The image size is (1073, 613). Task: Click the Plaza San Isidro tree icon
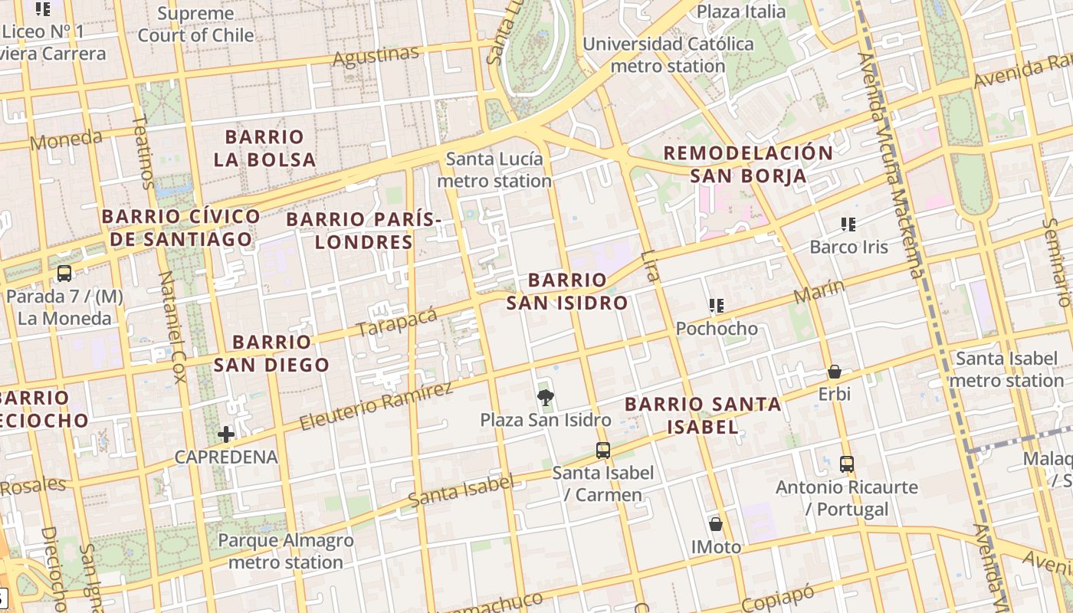[545, 397]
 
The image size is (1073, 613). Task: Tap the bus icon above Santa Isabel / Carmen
[603, 450]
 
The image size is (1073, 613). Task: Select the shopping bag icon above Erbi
[835, 372]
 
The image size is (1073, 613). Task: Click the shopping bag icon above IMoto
[715, 524]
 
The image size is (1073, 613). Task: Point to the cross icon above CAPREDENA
[226, 434]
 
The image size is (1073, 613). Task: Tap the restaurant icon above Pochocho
[717, 306]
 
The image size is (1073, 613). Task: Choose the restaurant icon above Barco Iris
[848, 225]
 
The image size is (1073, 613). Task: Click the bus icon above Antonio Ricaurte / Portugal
[846, 464]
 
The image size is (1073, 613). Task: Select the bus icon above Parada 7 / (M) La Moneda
[64, 274]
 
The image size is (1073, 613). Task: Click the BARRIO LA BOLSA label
[264, 148]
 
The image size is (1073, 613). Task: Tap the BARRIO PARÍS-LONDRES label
[364, 231]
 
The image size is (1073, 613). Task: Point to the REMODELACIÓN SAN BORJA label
[748, 164]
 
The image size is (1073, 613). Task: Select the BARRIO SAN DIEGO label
[271, 353]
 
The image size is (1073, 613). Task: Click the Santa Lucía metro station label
[494, 170]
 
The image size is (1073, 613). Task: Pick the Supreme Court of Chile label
[195, 24]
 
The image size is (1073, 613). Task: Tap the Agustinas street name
[376, 56]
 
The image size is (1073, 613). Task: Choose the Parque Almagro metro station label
[285, 551]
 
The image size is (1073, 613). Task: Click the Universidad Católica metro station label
[668, 54]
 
